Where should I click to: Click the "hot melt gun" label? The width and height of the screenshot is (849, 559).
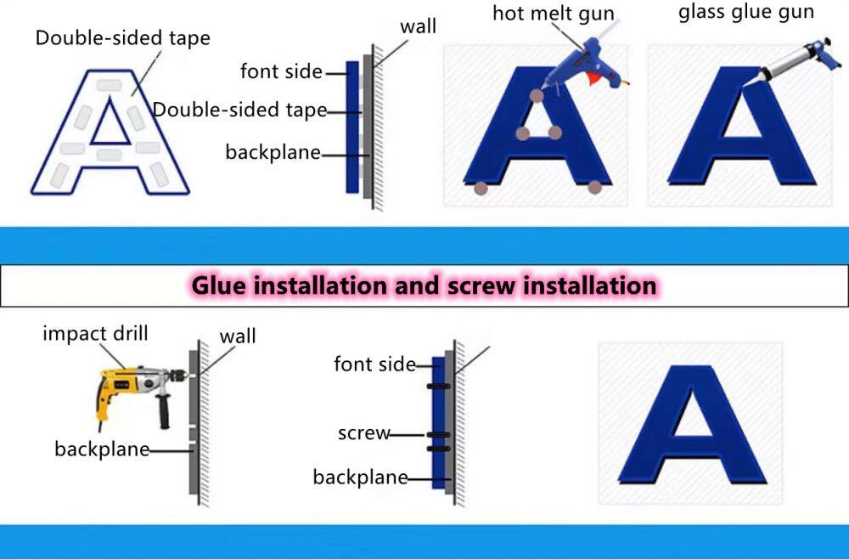(x=553, y=14)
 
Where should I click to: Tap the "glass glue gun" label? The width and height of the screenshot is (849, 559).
(x=746, y=12)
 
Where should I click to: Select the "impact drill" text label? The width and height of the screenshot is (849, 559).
(x=95, y=333)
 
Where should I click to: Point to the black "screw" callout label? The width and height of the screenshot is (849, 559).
(x=363, y=433)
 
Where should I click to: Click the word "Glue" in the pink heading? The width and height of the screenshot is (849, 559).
(x=222, y=285)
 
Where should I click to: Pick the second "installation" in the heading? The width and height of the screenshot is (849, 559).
(x=588, y=285)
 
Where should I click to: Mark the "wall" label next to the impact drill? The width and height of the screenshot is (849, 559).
(x=238, y=336)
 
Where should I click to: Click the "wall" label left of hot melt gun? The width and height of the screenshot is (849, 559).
(x=418, y=26)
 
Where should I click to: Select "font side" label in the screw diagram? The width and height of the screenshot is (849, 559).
(x=374, y=364)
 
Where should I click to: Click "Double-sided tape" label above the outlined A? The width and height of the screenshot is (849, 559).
(x=122, y=38)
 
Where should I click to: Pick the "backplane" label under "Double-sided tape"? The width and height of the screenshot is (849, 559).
(x=273, y=152)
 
